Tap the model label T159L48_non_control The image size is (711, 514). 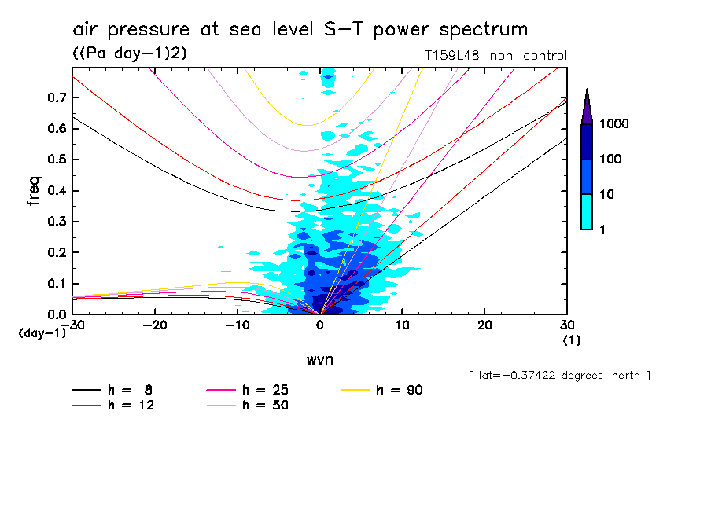495,56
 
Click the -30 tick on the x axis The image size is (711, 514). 72,325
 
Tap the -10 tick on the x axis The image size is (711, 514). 237,325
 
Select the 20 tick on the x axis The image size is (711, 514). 484,325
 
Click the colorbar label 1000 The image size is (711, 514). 613,124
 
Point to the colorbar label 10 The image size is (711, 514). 606,194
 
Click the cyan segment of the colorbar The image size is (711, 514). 587,211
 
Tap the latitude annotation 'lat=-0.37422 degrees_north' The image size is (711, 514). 558,375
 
